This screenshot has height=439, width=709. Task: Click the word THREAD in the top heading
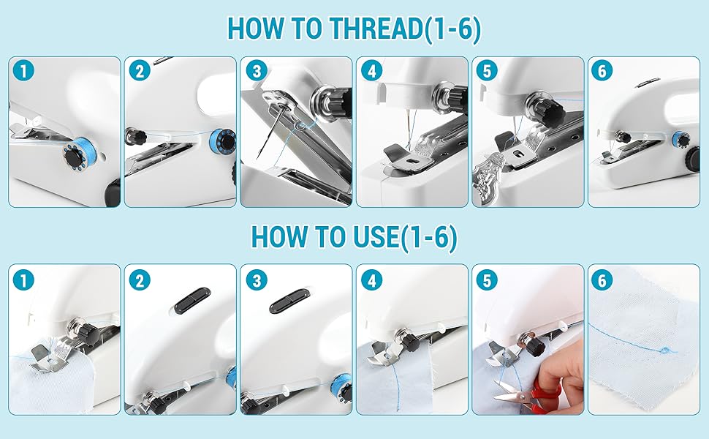click(376, 28)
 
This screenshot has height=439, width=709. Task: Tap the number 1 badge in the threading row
click(24, 71)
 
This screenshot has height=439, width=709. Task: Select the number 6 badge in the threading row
click(602, 71)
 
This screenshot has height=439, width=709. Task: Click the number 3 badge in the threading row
click(257, 71)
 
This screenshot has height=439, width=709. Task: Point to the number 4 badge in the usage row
click(372, 280)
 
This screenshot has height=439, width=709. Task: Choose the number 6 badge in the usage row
click(602, 280)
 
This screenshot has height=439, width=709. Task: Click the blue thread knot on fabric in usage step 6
click(664, 350)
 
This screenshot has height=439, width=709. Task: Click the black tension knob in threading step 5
click(550, 113)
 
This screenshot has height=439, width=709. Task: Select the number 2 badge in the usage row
click(140, 280)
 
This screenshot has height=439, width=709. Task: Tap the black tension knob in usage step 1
click(89, 334)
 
